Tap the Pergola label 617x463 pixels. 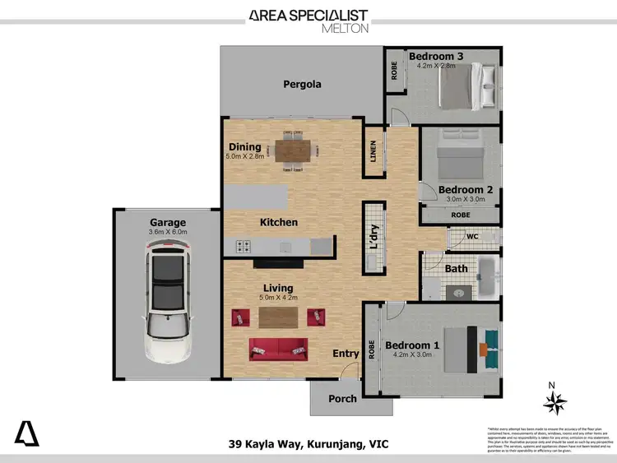[301, 84]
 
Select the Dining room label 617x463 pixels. [245, 147]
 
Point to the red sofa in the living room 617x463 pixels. [278, 349]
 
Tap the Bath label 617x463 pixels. [457, 268]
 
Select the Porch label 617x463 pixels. [342, 399]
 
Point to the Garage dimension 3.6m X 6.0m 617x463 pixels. [168, 233]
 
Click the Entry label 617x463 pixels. [346, 354]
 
